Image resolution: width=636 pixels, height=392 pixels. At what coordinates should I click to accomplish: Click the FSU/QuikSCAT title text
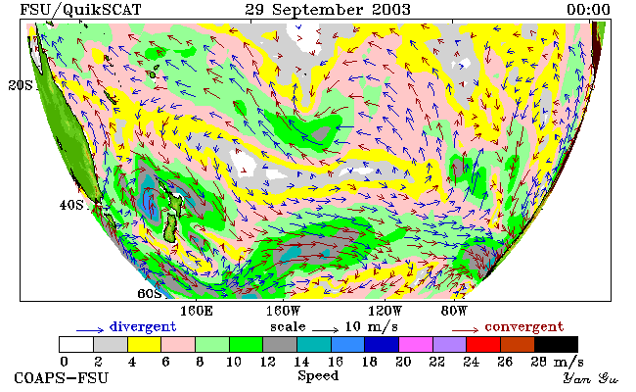(x=80, y=10)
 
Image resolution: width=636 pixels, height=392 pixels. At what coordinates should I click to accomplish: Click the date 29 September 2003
(x=328, y=10)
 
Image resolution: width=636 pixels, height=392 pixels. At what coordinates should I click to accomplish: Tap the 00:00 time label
(x=588, y=10)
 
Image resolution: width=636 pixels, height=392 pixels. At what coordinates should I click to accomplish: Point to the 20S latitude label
(x=21, y=85)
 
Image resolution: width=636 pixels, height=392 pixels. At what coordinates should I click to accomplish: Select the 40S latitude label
(x=71, y=205)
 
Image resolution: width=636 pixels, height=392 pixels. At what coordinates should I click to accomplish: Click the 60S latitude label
(x=150, y=293)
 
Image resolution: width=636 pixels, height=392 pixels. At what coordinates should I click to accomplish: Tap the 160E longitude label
(x=197, y=312)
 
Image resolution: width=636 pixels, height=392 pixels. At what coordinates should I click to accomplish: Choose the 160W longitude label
(x=283, y=312)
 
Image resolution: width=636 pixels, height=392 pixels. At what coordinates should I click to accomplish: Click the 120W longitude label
(x=385, y=312)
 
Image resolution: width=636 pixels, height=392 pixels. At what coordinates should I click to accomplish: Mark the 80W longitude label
(x=454, y=312)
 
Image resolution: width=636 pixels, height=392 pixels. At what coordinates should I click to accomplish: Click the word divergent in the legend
(x=143, y=327)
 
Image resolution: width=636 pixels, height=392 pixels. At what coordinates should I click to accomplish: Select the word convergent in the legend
(x=524, y=327)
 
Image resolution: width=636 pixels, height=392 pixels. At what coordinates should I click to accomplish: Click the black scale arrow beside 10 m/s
(x=325, y=330)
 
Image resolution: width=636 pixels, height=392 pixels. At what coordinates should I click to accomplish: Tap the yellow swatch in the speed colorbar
(x=145, y=344)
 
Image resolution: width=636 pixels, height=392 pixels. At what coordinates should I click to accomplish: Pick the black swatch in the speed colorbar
(x=556, y=344)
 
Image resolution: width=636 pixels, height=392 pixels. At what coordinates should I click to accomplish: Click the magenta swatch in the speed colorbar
(x=416, y=344)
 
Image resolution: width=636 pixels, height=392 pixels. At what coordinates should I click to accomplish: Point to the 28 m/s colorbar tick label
(x=558, y=362)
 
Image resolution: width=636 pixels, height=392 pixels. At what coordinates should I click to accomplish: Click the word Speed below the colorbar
(x=318, y=375)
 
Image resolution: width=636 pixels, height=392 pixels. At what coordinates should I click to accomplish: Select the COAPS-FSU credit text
(x=62, y=378)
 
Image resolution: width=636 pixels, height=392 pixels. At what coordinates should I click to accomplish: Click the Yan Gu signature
(x=590, y=378)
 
